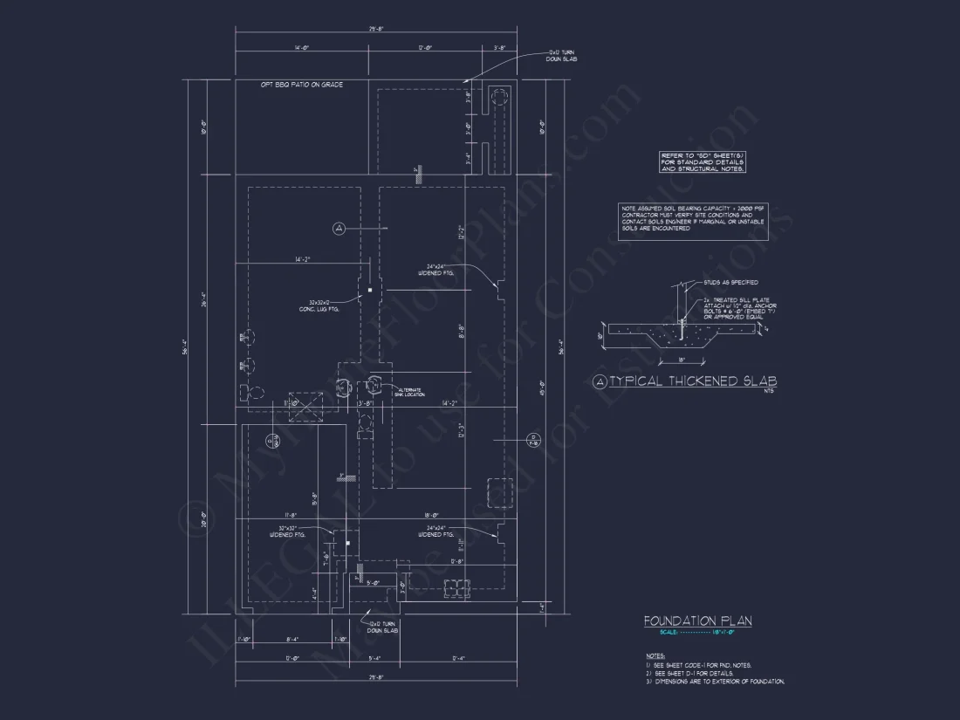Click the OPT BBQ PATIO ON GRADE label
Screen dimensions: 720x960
pos(301,85)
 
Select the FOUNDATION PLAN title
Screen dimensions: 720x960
pos(697,621)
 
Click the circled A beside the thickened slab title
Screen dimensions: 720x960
pos(599,381)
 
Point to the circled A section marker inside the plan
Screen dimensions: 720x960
pos(339,228)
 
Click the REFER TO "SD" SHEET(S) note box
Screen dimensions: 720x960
pos(703,161)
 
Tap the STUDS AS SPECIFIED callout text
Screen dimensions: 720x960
pos(730,283)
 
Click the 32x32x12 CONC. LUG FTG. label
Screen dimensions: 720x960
pos(320,306)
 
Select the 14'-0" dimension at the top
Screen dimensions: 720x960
pos(303,48)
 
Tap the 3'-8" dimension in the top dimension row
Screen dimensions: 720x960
pos(500,48)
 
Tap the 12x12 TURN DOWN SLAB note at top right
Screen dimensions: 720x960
pos(561,56)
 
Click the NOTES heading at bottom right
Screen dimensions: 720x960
pos(655,655)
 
